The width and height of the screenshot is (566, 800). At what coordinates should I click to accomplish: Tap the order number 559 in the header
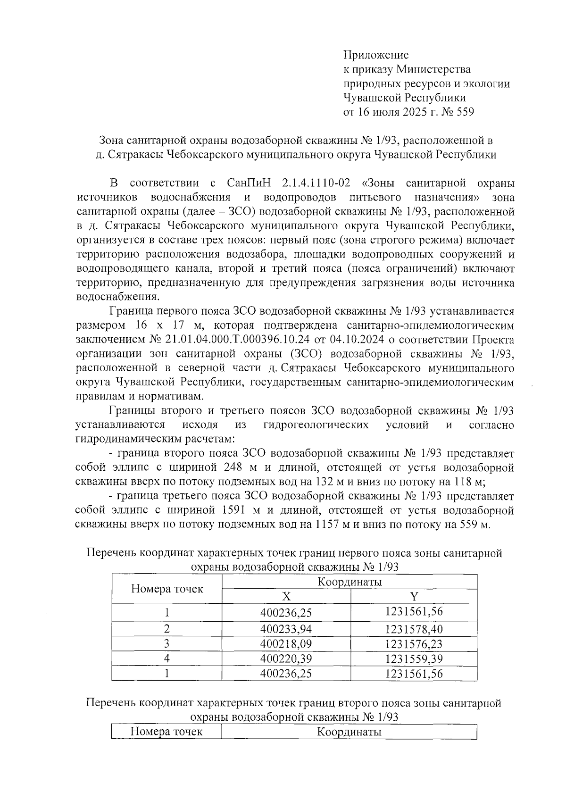point(464,112)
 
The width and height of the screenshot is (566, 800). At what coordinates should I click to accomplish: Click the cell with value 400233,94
point(286,629)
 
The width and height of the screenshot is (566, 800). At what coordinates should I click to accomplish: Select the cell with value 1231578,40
point(414,629)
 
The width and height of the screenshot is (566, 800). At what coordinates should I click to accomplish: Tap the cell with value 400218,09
point(286,644)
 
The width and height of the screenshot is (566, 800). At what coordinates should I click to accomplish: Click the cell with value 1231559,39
point(414,658)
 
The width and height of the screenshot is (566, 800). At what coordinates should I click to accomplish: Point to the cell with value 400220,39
point(286,658)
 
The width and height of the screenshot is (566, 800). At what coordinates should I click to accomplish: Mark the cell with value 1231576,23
point(414,644)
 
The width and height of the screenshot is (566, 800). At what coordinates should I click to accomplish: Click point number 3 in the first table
point(166,644)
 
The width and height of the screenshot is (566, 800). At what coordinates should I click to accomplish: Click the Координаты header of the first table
point(349,582)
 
